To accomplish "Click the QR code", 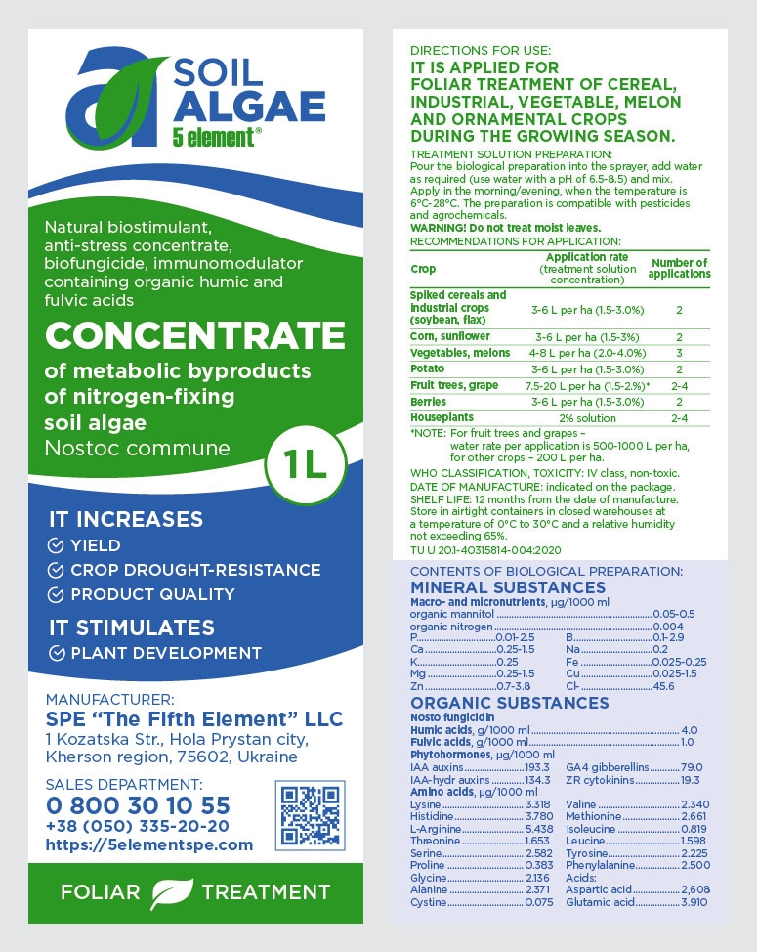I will (x=311, y=814).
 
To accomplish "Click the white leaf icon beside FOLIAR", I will (x=171, y=892).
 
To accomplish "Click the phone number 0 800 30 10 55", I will (x=138, y=805).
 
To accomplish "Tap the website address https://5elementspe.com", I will (x=149, y=844).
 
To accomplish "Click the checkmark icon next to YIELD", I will (x=57, y=545).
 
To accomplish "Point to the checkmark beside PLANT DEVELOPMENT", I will (x=57, y=653).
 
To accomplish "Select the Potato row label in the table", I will (x=428, y=368).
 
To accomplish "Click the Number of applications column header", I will (x=679, y=268).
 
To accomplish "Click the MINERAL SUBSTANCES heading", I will (x=508, y=587).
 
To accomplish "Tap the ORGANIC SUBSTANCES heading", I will (x=509, y=703).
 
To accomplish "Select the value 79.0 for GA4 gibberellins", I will (x=692, y=767).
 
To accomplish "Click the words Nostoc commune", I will (x=138, y=449).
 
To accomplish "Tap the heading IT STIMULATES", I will (x=132, y=627).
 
